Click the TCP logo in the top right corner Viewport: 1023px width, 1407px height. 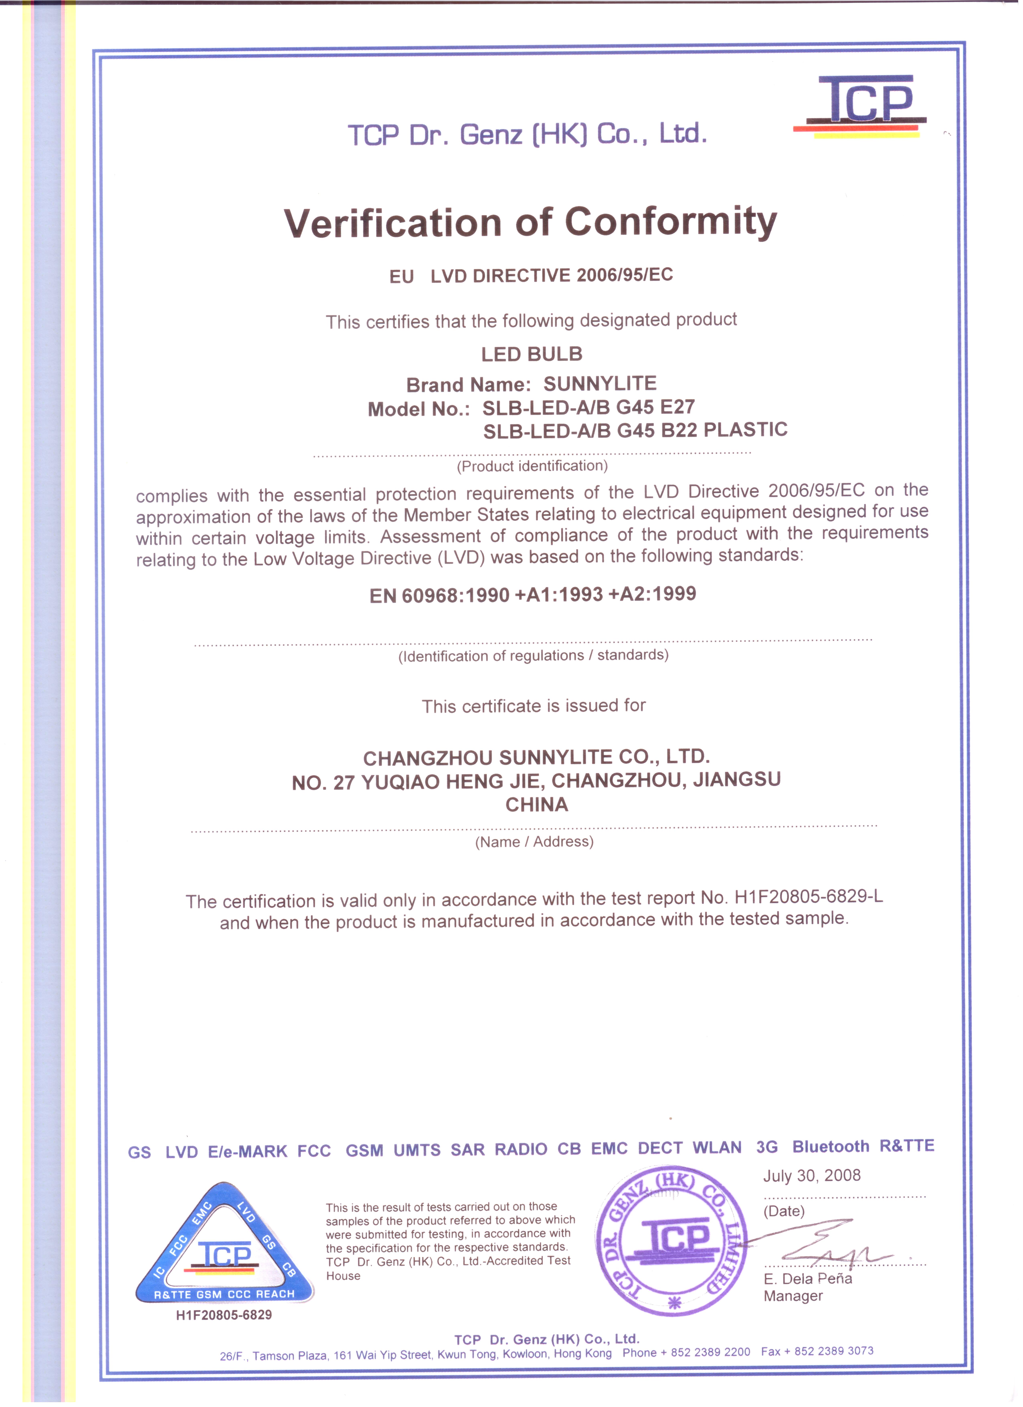pos(862,106)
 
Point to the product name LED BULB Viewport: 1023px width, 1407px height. pos(532,354)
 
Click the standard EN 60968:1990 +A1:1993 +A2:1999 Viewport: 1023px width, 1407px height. pos(532,595)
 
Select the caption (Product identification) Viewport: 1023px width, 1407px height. pos(532,466)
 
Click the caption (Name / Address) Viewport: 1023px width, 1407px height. pos(534,842)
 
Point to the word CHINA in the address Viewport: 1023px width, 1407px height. pos(537,805)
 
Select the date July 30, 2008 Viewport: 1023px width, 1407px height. pos(811,1176)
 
